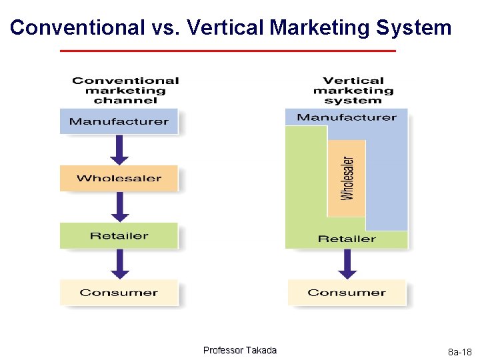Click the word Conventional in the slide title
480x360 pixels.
77,28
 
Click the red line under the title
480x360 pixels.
227,51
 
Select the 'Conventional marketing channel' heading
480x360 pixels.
125,90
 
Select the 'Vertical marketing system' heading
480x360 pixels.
353,90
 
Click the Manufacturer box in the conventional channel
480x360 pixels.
119,121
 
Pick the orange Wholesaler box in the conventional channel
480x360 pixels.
119,178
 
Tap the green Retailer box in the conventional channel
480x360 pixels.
119,235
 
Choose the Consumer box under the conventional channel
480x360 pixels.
119,293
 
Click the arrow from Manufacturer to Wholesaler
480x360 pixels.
119,149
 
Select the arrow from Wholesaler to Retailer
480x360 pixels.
119,207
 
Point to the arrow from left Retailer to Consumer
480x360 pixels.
119,264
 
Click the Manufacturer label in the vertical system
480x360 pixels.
347,117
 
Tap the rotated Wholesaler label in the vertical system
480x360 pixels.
347,178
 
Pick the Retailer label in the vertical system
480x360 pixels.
347,239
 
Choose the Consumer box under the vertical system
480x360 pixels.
347,293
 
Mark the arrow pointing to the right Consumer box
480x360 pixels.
347,264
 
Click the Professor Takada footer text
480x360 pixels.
240,351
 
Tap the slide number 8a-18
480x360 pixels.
459,352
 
